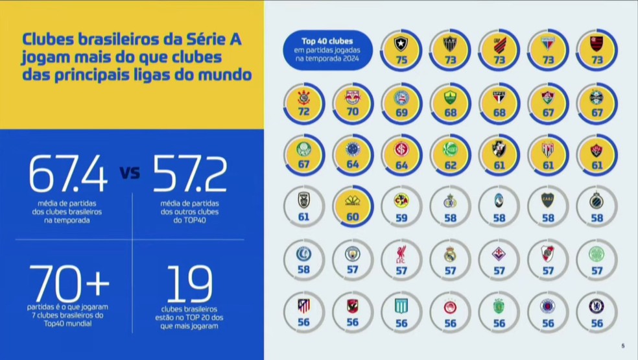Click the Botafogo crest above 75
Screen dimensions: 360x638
pos(401,44)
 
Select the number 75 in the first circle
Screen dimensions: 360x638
pos(401,60)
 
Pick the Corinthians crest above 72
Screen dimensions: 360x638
pos(303,97)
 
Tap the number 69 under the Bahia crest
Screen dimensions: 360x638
pos(401,112)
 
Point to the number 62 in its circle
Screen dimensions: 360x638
pos(451,165)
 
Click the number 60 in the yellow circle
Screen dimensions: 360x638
pos(353,217)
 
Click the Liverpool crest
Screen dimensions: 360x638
pos(401,254)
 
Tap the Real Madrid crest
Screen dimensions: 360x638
pos(451,254)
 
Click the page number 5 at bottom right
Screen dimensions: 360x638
pos(622,345)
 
